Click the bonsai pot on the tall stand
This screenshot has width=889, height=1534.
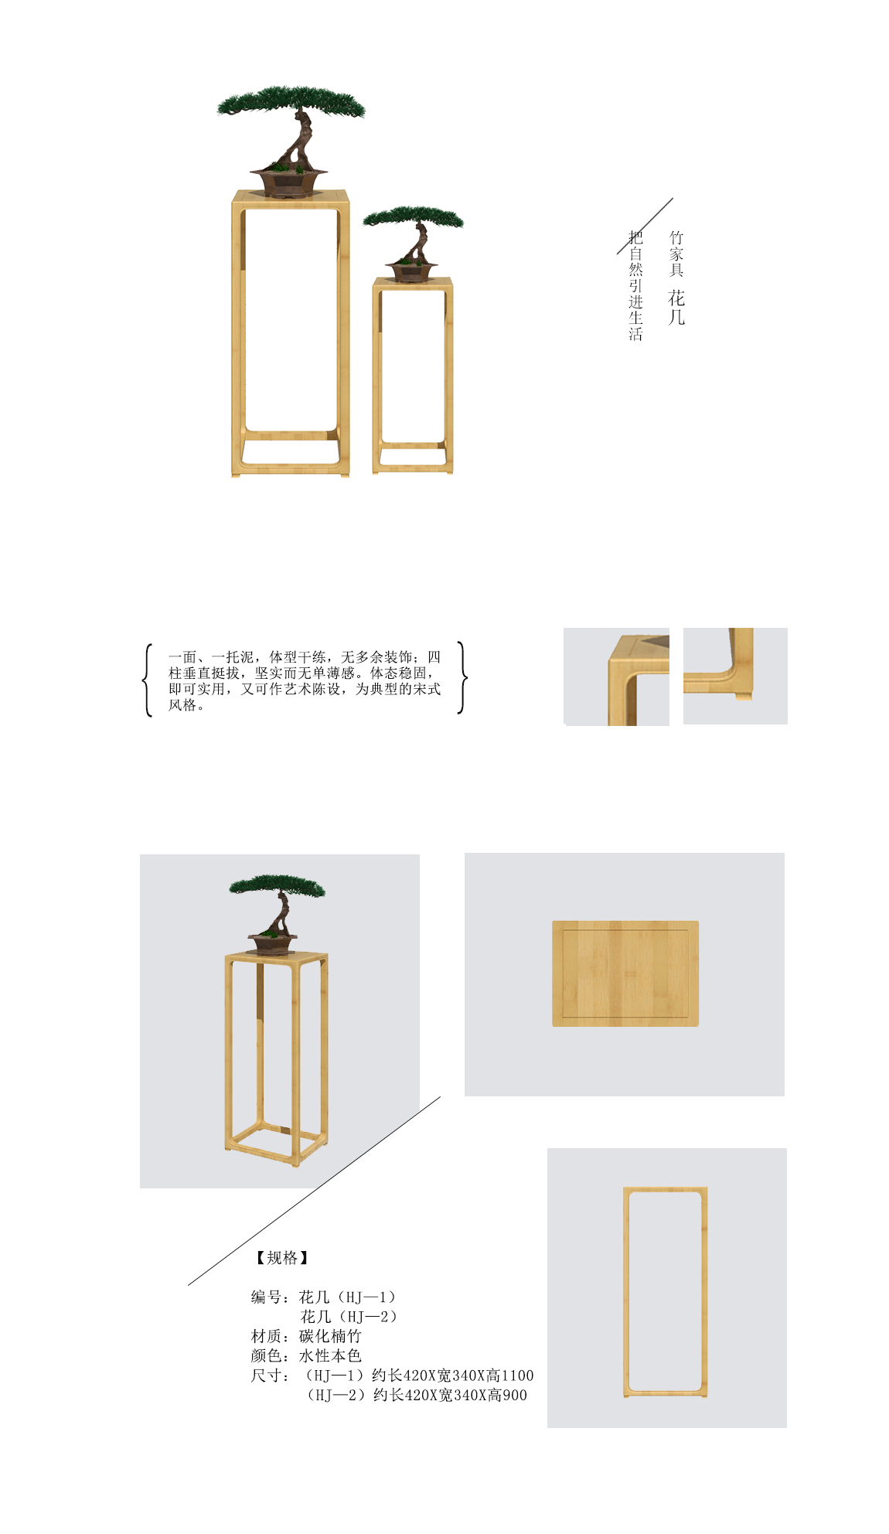[288, 182]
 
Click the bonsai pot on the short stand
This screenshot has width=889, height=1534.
[411, 271]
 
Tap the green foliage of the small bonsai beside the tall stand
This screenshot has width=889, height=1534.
[414, 216]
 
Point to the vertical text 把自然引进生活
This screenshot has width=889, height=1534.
[635, 285]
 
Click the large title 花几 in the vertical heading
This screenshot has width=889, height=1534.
[676, 308]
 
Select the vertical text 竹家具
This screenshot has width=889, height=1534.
[676, 254]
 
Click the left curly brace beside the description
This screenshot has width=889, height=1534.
[147, 680]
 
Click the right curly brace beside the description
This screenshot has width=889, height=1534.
[462, 677]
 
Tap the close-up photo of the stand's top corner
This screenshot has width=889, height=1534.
[616, 677]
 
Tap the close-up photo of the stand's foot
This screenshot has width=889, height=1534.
[735, 676]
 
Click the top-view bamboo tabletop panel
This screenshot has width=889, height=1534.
[625, 973]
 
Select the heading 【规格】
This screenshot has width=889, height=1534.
[282, 1258]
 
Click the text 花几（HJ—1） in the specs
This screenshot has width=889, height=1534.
[347, 1297]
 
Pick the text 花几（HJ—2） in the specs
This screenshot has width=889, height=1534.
[349, 1317]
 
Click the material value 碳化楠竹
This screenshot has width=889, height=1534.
[330, 1336]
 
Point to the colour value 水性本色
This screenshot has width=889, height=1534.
[330, 1355]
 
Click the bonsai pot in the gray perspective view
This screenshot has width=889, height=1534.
[272, 943]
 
